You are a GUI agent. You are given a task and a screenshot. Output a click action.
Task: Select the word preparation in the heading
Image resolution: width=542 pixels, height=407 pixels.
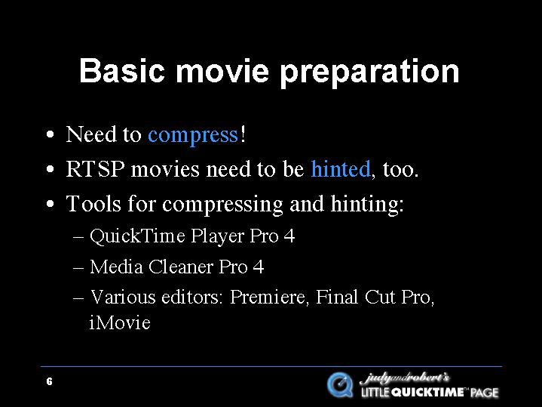tap(369, 73)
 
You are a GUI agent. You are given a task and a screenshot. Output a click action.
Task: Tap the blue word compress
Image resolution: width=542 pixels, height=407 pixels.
tap(193, 135)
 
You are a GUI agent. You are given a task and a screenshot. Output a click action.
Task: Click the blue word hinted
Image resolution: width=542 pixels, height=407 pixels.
tap(341, 168)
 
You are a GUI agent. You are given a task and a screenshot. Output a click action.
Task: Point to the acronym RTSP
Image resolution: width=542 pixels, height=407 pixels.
tap(95, 169)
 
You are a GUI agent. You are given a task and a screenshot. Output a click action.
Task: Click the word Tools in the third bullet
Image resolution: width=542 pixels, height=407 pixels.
tap(93, 203)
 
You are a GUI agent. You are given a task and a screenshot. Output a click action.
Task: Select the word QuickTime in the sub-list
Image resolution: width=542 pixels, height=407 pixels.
tap(137, 236)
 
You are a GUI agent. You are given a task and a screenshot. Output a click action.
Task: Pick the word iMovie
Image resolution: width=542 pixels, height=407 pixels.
tap(120, 322)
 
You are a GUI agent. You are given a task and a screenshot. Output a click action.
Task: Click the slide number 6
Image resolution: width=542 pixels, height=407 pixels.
tap(50, 381)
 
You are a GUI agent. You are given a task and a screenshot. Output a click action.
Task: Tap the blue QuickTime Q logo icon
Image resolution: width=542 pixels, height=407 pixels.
tap(340, 384)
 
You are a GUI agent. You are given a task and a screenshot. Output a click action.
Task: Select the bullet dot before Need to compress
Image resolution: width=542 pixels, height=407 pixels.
tap(50, 134)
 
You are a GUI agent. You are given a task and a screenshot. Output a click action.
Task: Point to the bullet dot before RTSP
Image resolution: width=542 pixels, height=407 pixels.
tap(50, 169)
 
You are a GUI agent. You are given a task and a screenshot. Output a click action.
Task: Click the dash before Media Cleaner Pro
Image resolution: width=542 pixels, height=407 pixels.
tap(78, 268)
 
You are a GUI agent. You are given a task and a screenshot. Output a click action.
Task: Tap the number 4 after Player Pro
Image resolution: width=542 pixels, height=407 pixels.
tap(289, 236)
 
